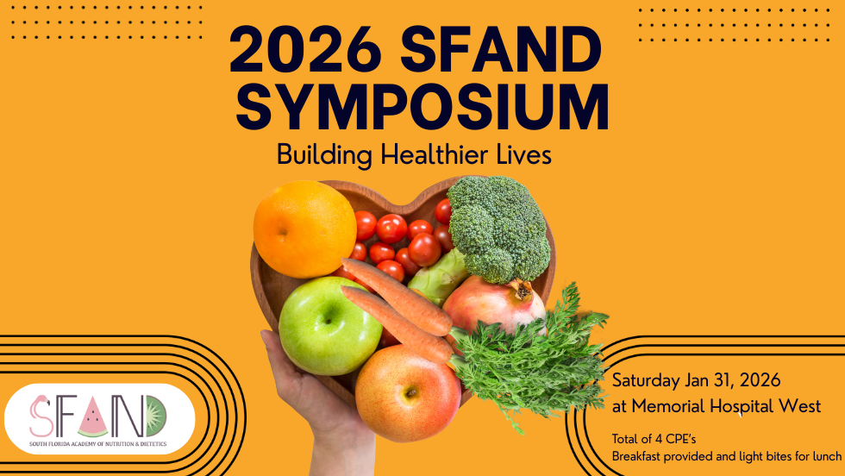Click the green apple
(x=318, y=324)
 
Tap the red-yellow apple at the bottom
(x=408, y=392)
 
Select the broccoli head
(x=498, y=225)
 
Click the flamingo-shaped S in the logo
(x=40, y=416)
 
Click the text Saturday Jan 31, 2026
(x=696, y=380)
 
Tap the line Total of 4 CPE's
(x=653, y=438)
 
